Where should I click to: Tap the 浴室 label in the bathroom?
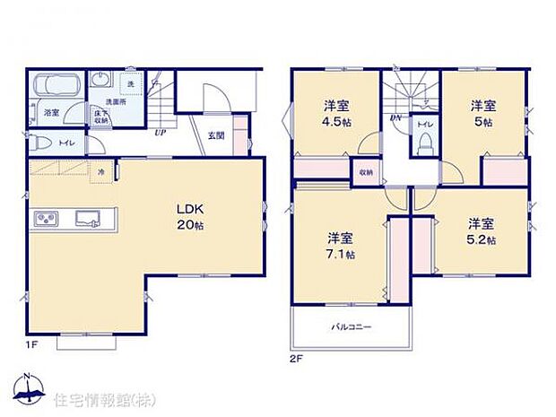pos(50,112)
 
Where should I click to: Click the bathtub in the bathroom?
pos(57,88)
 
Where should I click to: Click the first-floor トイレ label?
pos(65,143)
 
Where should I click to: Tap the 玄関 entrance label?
pos(216,135)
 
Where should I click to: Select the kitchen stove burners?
pos(47,217)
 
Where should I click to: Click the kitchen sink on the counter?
pos(89,216)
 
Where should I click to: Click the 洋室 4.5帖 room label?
pos(337,113)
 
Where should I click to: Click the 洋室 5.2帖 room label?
pos(481,231)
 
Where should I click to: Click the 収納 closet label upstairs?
pos(366,171)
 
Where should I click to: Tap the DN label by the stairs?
pos(395,118)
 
